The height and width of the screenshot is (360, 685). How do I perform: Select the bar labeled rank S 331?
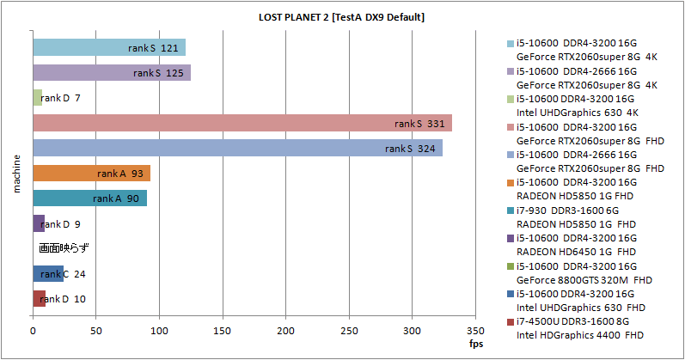click(x=242, y=124)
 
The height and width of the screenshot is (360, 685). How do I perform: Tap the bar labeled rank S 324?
click(x=237, y=149)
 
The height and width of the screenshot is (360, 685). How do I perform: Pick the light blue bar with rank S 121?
click(x=109, y=48)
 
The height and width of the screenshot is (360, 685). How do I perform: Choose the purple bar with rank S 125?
click(x=112, y=73)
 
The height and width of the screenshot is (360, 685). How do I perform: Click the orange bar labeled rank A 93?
click(x=91, y=174)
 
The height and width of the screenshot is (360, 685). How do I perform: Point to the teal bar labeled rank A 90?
click(x=89, y=198)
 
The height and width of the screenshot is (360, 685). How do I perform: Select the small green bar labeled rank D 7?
click(x=37, y=98)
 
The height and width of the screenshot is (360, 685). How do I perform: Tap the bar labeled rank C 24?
click(x=48, y=274)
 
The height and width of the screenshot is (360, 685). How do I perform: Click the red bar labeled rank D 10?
click(x=39, y=299)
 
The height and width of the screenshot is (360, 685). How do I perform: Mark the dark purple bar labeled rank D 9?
click(x=39, y=224)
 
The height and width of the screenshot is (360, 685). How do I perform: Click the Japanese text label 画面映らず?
click(x=64, y=249)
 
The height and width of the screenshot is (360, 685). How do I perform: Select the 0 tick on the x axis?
click(x=33, y=330)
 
